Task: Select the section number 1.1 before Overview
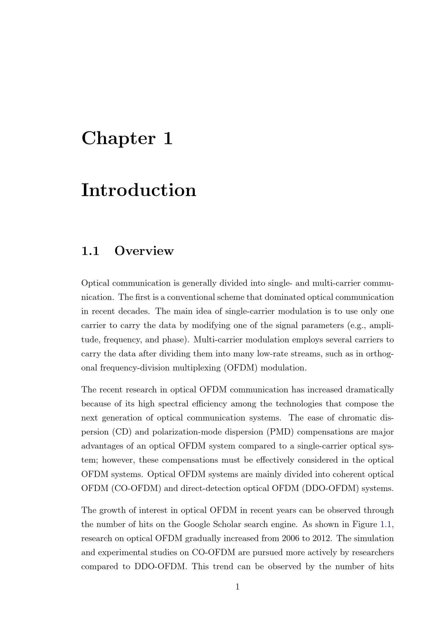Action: (90, 251)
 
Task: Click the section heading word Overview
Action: (144, 251)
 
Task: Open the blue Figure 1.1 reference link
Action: (386, 524)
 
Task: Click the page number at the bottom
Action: (237, 587)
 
